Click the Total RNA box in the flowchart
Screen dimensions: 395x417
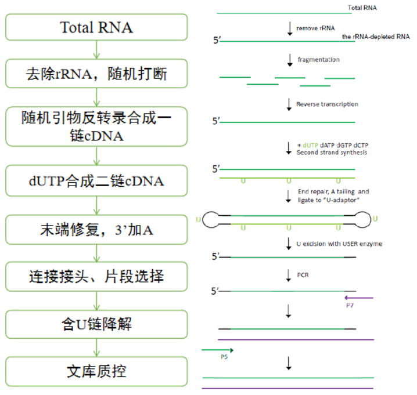[97, 27]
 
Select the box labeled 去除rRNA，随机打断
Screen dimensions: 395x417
[97, 74]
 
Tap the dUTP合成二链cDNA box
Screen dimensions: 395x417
[97, 181]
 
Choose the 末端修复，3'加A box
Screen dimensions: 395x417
[97, 230]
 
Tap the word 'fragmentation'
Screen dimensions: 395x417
[318, 60]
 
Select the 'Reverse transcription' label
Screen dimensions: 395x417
[327, 104]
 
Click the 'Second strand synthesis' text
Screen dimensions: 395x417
[332, 153]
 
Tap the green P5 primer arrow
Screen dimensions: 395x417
[217, 350]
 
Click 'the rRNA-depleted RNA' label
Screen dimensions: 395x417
[376, 37]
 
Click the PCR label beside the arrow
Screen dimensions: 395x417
[302, 274]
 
